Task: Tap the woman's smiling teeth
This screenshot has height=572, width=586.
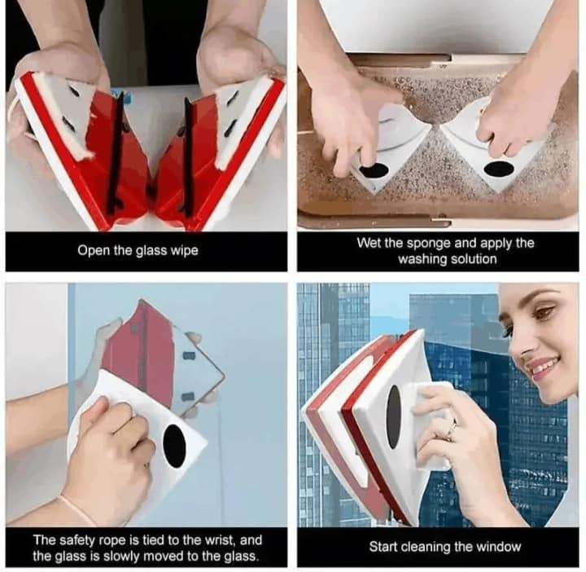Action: click(544, 366)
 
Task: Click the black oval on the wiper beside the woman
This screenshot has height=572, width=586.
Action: click(394, 416)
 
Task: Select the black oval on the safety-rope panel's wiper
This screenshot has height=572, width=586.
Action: click(174, 446)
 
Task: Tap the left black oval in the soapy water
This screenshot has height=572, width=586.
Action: click(374, 170)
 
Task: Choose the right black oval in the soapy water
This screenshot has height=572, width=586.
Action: click(499, 169)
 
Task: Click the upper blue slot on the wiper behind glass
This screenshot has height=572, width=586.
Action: click(189, 354)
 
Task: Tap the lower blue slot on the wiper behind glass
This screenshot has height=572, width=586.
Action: click(188, 395)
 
